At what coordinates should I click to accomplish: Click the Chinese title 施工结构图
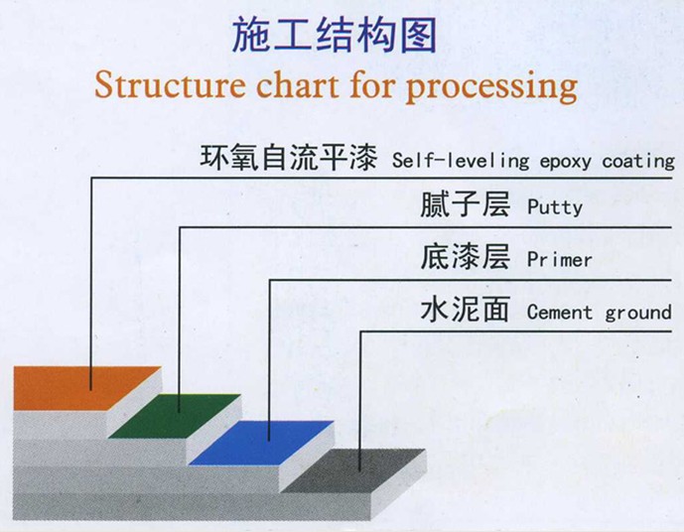pyautogui.click(x=335, y=36)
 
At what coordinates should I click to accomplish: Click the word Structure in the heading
pyautogui.click(x=170, y=84)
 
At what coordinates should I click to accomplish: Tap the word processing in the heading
pyautogui.click(x=492, y=87)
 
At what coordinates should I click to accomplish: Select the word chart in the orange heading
pyautogui.click(x=298, y=84)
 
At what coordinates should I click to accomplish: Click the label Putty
pyautogui.click(x=555, y=207)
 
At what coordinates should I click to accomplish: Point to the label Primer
pyautogui.click(x=560, y=260)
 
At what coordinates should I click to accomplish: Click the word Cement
pyautogui.click(x=560, y=313)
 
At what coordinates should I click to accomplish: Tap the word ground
pyautogui.click(x=638, y=314)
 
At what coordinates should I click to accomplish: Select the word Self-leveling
pyautogui.click(x=461, y=161)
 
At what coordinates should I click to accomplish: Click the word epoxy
pyautogui.click(x=566, y=163)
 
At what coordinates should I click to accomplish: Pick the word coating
pyautogui.click(x=638, y=162)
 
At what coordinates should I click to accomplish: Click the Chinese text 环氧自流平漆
pyautogui.click(x=288, y=158)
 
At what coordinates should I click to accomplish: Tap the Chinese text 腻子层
pyautogui.click(x=465, y=204)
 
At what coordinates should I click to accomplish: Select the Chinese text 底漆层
pyautogui.click(x=465, y=257)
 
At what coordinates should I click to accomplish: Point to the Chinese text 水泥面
pyautogui.click(x=465, y=309)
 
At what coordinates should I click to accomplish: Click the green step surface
pyautogui.click(x=175, y=416)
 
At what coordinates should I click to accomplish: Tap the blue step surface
pyautogui.click(x=262, y=443)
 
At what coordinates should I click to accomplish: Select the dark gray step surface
pyautogui.click(x=353, y=470)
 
